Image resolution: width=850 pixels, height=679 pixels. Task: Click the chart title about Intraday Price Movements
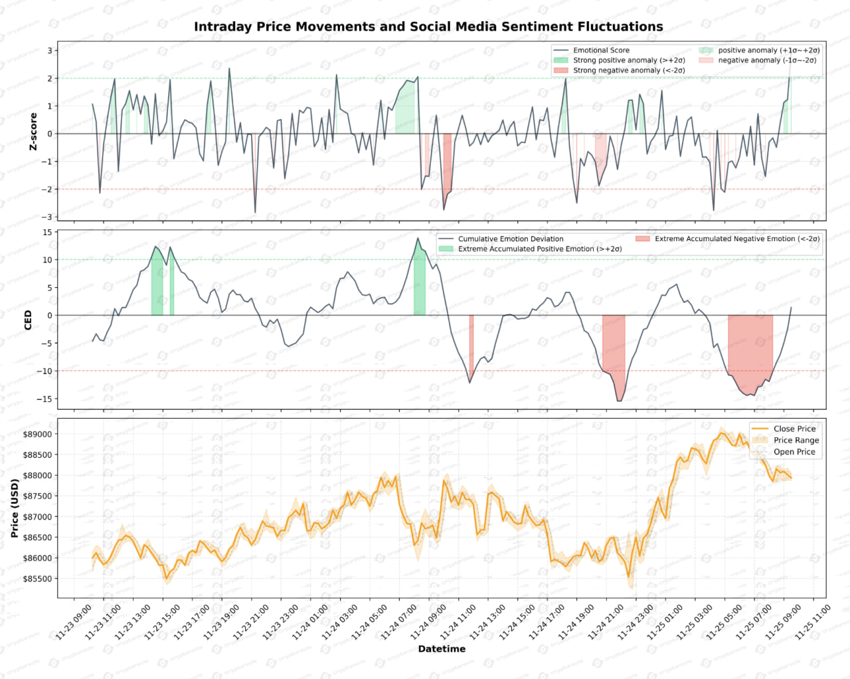pyautogui.click(x=428, y=27)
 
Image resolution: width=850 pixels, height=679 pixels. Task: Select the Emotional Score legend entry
pyautogui.click(x=601, y=50)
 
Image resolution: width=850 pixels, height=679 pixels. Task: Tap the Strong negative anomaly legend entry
pyautogui.click(x=628, y=70)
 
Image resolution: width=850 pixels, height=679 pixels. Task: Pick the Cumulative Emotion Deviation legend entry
pyautogui.click(x=510, y=239)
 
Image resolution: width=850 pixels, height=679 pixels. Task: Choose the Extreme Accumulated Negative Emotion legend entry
pyautogui.click(x=736, y=239)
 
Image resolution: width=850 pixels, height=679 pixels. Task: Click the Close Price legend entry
pyautogui.click(x=794, y=429)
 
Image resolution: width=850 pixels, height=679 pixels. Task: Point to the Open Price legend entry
pyautogui.click(x=794, y=452)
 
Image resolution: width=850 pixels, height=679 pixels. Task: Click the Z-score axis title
pyautogui.click(x=33, y=132)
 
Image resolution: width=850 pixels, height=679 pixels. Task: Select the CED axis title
pyautogui.click(x=28, y=320)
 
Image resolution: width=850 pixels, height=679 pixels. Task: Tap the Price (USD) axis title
pyautogui.click(x=15, y=508)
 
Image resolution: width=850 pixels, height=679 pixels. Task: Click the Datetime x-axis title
pyautogui.click(x=442, y=649)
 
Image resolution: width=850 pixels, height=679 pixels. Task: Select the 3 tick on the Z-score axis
pyautogui.click(x=50, y=50)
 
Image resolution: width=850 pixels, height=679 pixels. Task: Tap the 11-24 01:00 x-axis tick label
pyautogui.click(x=311, y=622)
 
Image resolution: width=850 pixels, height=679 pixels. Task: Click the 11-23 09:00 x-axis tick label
pyautogui.click(x=74, y=622)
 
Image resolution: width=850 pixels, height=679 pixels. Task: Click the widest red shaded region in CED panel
pyautogui.click(x=750, y=345)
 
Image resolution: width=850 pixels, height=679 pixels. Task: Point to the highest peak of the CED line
pyautogui.click(x=418, y=239)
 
